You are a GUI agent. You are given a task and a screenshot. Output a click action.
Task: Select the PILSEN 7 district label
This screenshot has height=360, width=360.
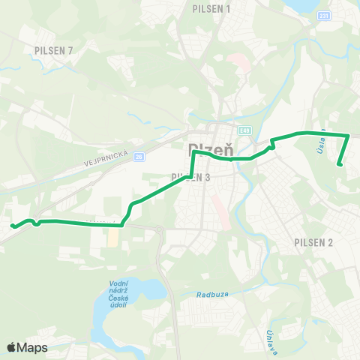click(x=53, y=50)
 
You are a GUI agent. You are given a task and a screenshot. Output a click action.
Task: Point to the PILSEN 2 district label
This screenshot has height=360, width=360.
click(x=314, y=242)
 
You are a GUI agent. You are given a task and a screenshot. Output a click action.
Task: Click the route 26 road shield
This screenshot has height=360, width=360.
click(x=139, y=157)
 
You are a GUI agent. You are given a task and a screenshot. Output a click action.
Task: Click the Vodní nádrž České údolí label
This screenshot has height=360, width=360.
click(x=114, y=292)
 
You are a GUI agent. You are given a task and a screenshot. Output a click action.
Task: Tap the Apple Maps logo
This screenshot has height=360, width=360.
click(x=27, y=347)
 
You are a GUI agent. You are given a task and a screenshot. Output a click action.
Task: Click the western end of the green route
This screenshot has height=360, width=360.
click(x=12, y=225)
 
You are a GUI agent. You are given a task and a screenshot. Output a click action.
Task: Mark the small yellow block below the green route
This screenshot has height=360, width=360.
click(x=112, y=237)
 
